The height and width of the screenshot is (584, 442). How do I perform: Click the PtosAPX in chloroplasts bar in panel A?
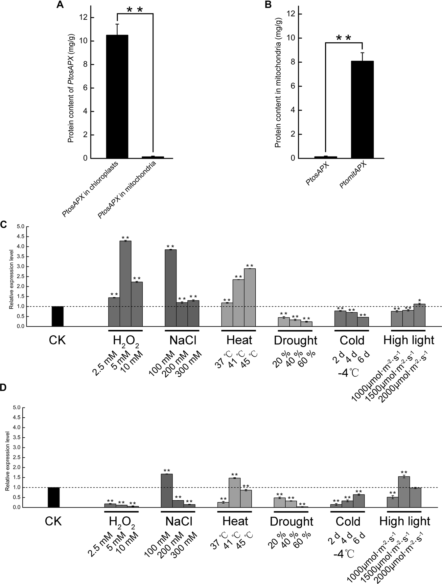117,97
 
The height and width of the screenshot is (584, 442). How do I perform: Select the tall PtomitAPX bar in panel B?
362,110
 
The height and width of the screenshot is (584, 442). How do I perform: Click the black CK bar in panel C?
58,316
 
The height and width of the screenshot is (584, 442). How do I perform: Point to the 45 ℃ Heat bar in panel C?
250,297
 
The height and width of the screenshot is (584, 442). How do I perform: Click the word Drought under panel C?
295,341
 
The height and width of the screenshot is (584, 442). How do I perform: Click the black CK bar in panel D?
54,497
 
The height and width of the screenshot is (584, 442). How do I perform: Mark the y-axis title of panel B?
278,82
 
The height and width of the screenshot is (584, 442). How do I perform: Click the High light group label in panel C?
409,340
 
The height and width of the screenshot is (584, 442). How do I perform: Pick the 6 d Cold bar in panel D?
359,501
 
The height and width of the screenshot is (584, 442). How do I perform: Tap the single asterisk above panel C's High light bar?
419,300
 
